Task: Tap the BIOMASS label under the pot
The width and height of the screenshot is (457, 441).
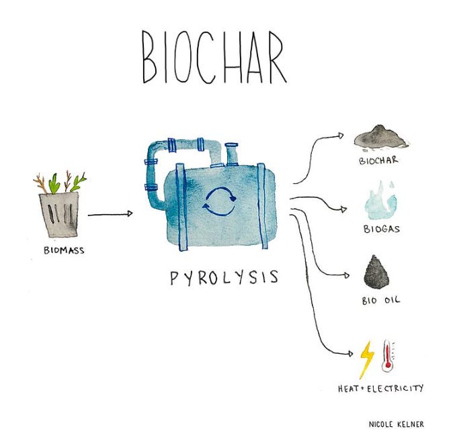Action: tap(60, 253)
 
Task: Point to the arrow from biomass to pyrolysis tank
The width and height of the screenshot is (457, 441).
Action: tap(110, 215)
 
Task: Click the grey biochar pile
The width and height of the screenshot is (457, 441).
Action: tap(381, 137)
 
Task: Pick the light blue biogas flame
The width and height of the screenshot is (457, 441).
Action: tap(380, 198)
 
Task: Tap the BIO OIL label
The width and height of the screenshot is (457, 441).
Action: tap(380, 300)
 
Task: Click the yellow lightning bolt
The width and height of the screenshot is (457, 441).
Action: tap(368, 359)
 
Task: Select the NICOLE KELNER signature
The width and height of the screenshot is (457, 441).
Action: tap(397, 424)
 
